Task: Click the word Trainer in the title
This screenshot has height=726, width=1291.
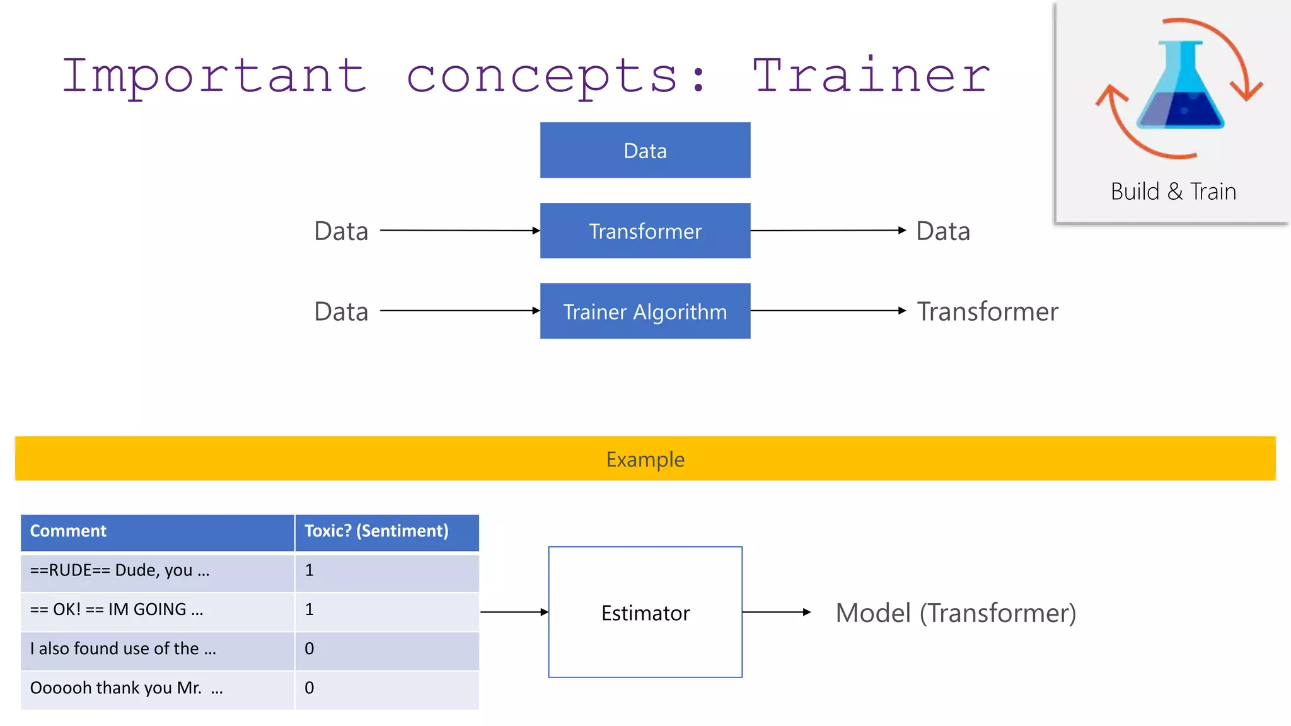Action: tap(872, 76)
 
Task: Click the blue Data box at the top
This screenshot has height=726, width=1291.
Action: tap(645, 151)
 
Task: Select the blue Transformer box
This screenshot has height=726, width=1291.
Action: tap(645, 231)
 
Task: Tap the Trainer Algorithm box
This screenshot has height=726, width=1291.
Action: tap(645, 311)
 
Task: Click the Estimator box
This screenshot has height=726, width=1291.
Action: tap(645, 613)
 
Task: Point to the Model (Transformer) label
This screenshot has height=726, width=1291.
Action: tap(955, 613)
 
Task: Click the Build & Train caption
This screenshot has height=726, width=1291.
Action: tap(1173, 192)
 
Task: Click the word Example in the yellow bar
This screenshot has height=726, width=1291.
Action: tap(645, 459)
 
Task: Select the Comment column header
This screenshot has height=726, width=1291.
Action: tap(68, 531)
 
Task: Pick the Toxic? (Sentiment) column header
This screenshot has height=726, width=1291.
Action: tap(376, 531)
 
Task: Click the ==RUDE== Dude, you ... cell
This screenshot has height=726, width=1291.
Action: tap(120, 571)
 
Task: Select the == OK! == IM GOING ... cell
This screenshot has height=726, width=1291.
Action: tap(117, 610)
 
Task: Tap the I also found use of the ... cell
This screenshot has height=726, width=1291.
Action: tap(123, 649)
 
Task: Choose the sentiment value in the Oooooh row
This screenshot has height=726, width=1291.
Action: tap(310, 688)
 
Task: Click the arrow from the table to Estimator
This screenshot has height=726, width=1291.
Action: tap(514, 612)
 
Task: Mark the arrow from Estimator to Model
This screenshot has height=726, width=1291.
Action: tap(776, 612)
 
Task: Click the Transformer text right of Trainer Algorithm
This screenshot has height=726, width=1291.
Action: tap(987, 311)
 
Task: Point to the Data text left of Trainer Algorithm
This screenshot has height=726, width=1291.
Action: tap(341, 311)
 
